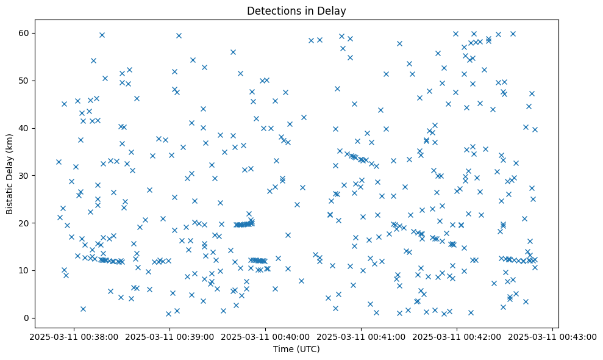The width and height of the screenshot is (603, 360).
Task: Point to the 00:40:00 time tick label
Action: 265,336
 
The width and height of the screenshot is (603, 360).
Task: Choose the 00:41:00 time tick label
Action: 361,336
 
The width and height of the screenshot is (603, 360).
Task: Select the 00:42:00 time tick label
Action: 457,336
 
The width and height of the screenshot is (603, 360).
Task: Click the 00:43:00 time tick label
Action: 552,336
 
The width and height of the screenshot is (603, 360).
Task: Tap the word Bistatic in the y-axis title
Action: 9,195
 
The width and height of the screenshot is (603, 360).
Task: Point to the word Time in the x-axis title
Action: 282,349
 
